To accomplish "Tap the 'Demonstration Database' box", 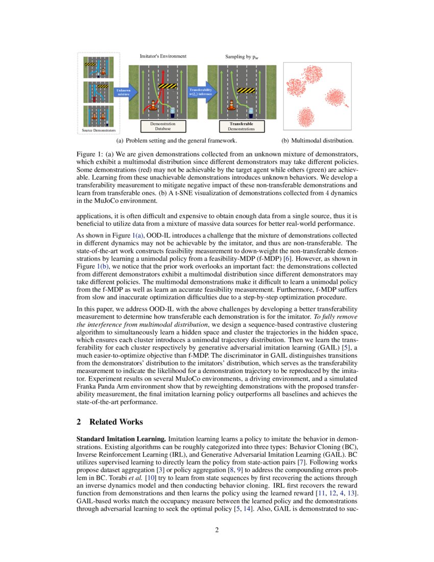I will (163, 126).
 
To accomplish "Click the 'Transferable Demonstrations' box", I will (241, 126).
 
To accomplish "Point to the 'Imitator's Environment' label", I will (163, 56).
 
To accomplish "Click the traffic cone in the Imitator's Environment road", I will (152, 106).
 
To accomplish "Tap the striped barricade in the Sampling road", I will (246, 91).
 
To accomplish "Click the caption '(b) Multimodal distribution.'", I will (318, 140).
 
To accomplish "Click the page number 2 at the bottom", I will (217, 529).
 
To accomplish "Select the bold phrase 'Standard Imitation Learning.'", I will (121, 439).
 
